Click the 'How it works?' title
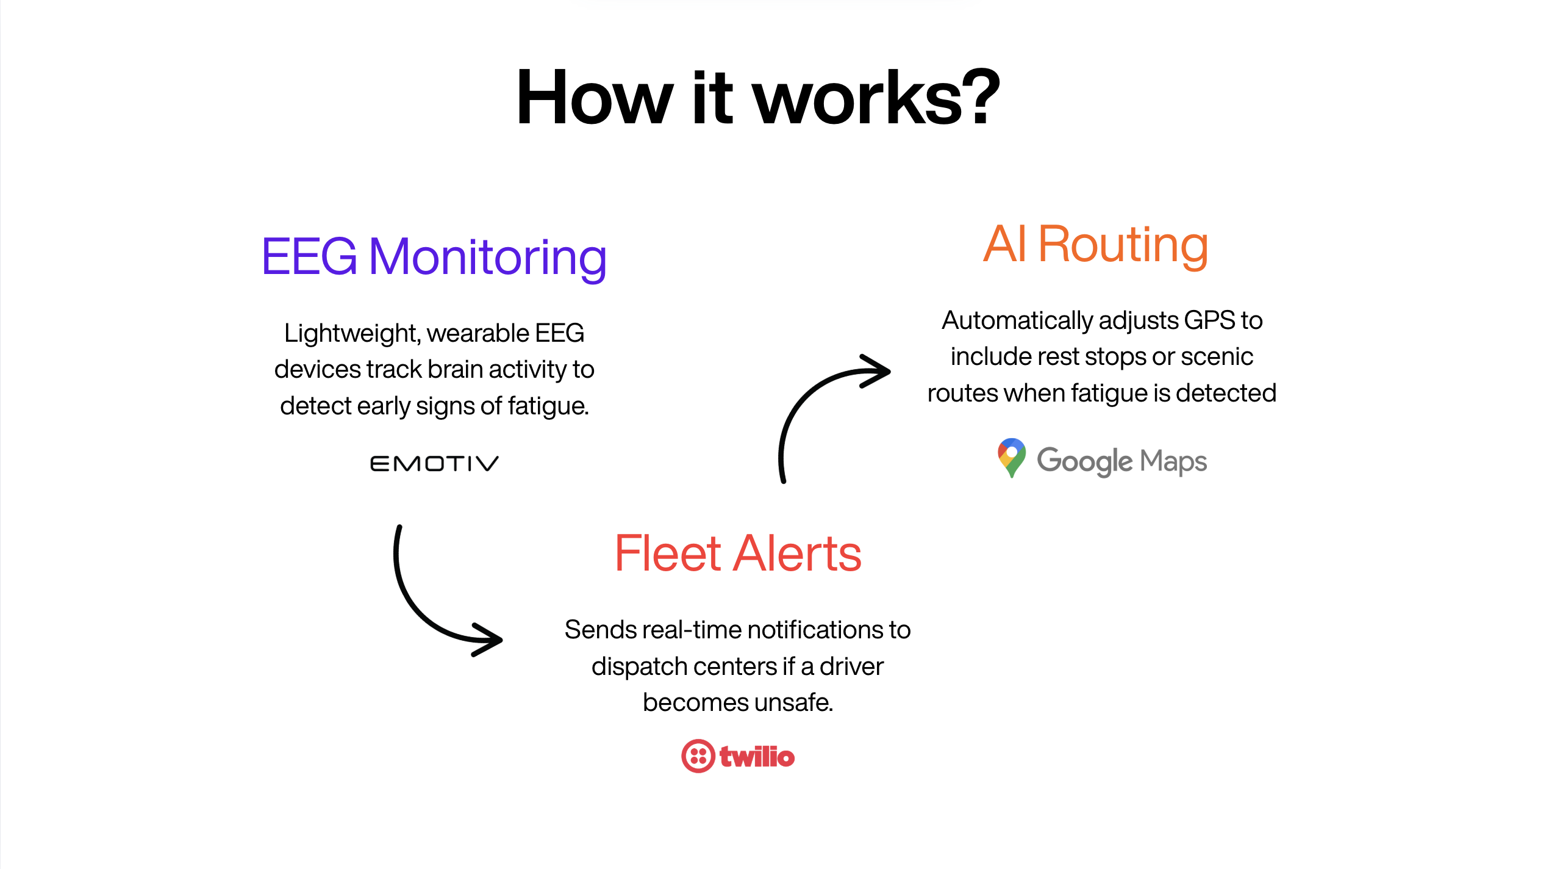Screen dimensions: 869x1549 click(x=758, y=98)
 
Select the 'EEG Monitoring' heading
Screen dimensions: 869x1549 click(x=434, y=257)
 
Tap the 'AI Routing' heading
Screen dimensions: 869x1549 click(x=1095, y=244)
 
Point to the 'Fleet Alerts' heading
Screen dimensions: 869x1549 click(x=738, y=553)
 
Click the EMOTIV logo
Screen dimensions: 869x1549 click(x=434, y=464)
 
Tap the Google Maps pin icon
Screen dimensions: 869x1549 click(x=1011, y=457)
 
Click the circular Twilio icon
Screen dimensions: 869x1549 click(x=698, y=756)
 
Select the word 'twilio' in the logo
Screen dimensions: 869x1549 click(x=757, y=757)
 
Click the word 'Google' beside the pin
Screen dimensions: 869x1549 click(x=1084, y=461)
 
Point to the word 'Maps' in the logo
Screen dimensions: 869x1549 click(x=1173, y=461)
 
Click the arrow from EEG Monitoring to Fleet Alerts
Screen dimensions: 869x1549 click(x=427, y=604)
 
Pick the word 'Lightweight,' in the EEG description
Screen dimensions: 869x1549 click(x=352, y=334)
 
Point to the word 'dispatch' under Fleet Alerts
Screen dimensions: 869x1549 click(x=631, y=667)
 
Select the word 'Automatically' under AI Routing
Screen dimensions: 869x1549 click(x=1017, y=321)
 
